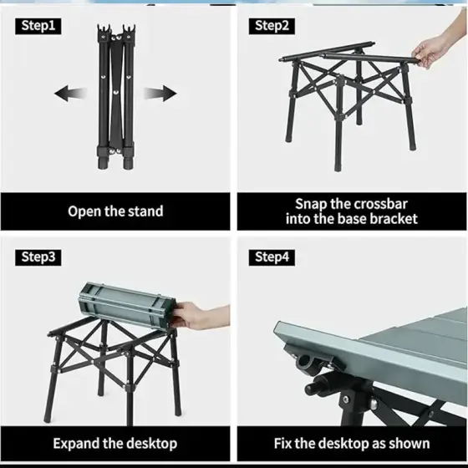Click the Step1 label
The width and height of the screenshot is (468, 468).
tap(38, 26)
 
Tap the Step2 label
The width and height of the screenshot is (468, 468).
tap(272, 26)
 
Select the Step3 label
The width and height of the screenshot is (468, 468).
tap(38, 257)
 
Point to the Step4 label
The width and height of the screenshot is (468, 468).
tap(272, 257)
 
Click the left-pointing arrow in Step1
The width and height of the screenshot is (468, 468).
tap(70, 93)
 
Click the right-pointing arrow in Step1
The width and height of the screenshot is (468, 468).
tap(160, 93)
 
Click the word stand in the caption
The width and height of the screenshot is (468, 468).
tap(145, 211)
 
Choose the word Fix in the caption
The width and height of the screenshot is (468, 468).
tap(282, 443)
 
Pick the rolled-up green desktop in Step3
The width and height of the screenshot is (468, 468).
tap(127, 305)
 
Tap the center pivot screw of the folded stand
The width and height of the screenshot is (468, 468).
tap(116, 93)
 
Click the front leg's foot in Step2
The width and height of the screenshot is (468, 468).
tap(338, 168)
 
